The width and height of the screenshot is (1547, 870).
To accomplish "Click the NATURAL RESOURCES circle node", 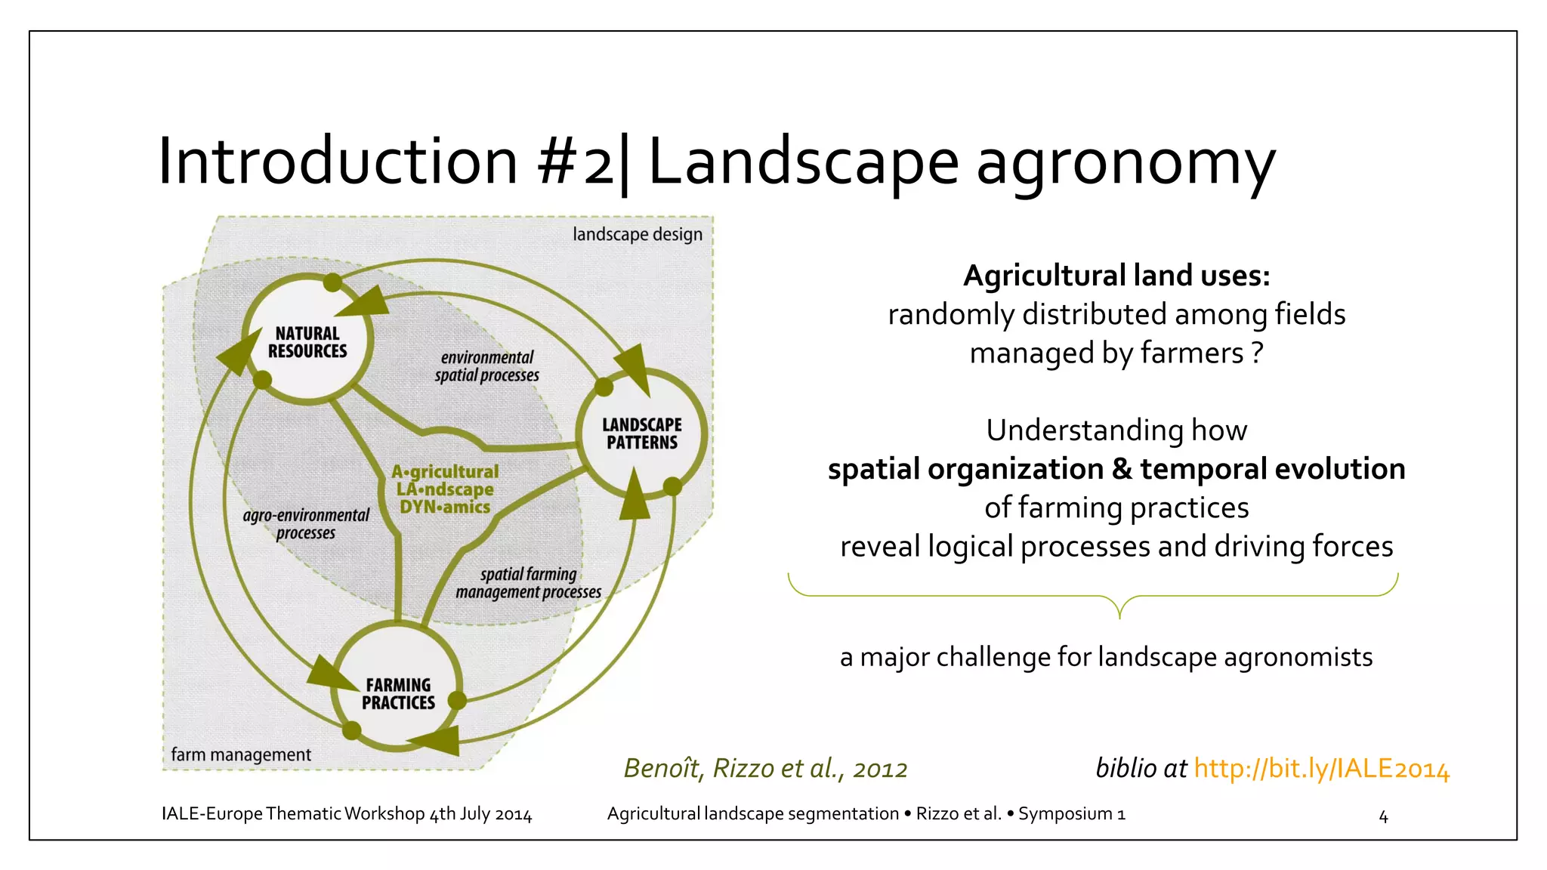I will [x=307, y=342].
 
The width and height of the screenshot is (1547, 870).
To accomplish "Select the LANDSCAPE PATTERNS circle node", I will [x=641, y=434].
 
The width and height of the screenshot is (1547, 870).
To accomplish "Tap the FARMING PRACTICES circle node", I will [x=398, y=693].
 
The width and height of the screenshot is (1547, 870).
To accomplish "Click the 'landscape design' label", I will [x=637, y=234].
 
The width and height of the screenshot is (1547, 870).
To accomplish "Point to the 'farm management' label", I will [x=241, y=754].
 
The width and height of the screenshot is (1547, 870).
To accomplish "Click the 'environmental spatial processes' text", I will [x=487, y=366].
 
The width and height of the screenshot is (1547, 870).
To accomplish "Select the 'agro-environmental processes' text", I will [x=306, y=523].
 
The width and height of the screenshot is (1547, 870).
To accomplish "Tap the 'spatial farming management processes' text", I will [x=528, y=583].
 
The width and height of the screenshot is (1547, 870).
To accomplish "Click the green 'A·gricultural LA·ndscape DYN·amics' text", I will [x=445, y=489].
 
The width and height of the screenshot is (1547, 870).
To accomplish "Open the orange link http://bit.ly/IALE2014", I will [x=1321, y=768].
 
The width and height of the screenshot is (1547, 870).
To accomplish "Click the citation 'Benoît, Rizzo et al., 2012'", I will [x=765, y=768].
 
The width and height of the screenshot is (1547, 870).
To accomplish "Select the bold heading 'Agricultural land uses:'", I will [x=1116, y=276].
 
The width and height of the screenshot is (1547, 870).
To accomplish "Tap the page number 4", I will [x=1383, y=816].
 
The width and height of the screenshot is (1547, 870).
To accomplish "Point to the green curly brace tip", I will [x=1119, y=615].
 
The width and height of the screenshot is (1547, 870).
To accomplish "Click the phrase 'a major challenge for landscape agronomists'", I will [x=1106, y=657].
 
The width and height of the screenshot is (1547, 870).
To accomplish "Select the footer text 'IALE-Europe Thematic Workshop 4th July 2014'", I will [x=347, y=814].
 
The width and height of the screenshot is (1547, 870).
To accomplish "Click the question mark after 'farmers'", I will [x=1256, y=353].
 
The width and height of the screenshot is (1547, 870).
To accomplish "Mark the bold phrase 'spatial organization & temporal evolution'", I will [x=1116, y=469].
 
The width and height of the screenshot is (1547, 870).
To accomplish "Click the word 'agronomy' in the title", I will [x=1126, y=162].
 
